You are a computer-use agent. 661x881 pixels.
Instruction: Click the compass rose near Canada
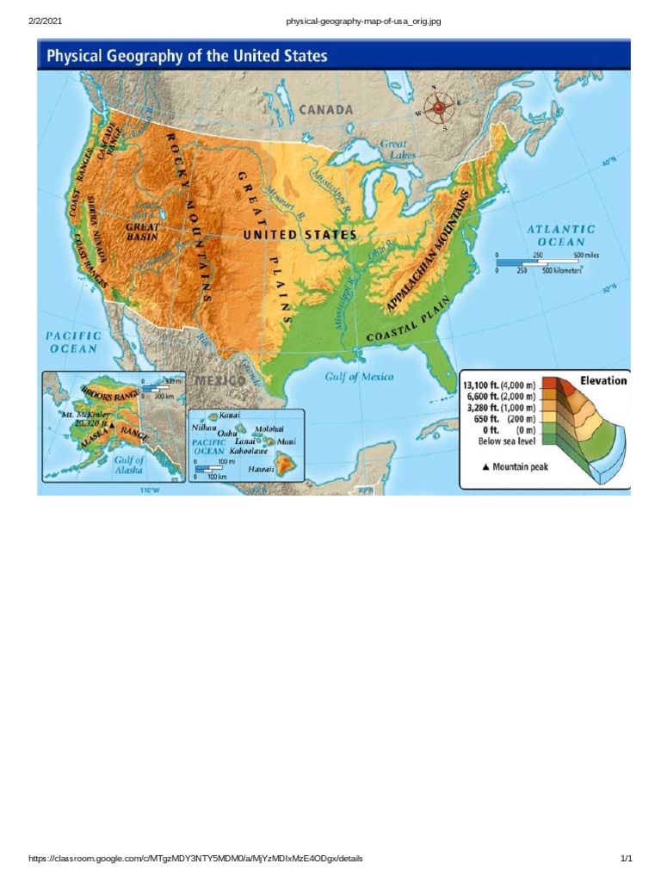pyautogui.click(x=442, y=108)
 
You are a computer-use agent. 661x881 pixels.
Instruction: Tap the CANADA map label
pyautogui.click(x=326, y=110)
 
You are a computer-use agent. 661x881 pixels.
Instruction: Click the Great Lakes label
pyautogui.click(x=398, y=150)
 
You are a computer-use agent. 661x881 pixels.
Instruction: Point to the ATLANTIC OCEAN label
pyautogui.click(x=561, y=235)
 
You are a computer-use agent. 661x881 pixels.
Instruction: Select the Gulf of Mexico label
pyautogui.click(x=359, y=377)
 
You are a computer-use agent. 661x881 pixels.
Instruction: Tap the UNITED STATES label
pyautogui.click(x=300, y=234)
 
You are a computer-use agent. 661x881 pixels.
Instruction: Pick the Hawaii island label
pyautogui.click(x=261, y=469)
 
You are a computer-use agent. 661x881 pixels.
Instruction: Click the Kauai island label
pyautogui.click(x=230, y=415)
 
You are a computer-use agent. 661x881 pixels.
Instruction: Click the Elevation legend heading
pyautogui.click(x=603, y=380)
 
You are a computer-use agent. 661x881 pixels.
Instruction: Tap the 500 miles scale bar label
pyautogui.click(x=590, y=255)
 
